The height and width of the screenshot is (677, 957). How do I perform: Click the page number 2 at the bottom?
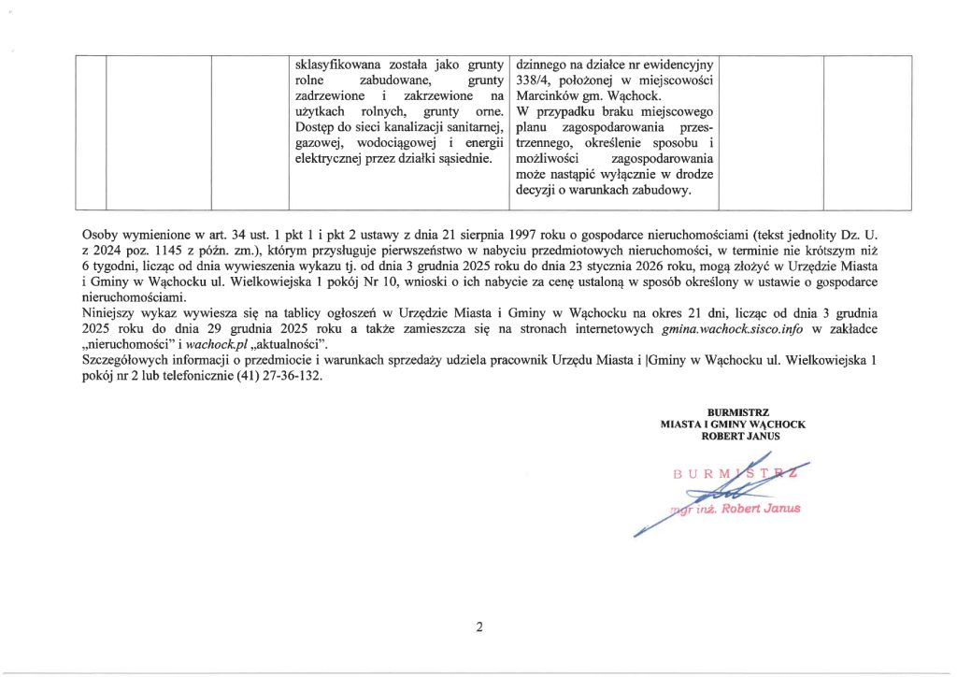click(478, 627)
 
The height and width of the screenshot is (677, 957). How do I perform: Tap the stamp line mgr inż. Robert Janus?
click(736, 509)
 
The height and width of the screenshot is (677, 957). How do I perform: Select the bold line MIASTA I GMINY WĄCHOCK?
click(733, 424)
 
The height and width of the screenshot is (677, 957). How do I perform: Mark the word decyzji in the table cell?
click(535, 191)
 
